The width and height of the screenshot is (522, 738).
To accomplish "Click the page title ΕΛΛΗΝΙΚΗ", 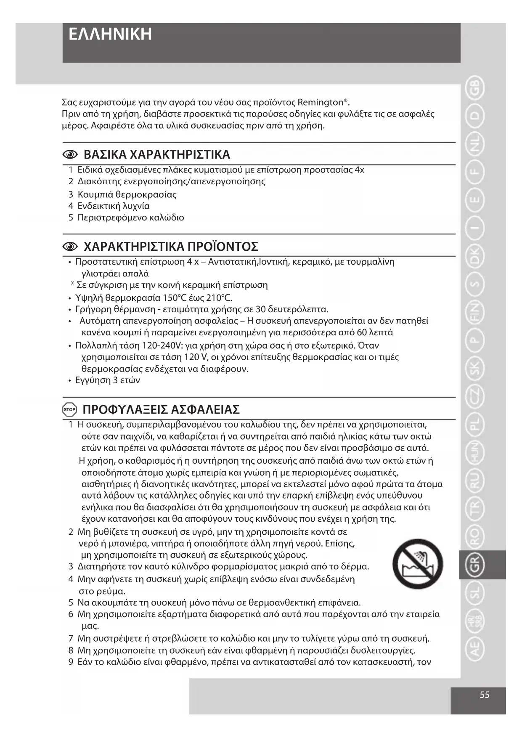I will [110, 35].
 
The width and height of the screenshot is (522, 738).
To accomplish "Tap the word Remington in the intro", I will [321, 102].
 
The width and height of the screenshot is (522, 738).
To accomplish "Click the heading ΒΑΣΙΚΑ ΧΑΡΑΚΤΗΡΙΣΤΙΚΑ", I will [157, 154].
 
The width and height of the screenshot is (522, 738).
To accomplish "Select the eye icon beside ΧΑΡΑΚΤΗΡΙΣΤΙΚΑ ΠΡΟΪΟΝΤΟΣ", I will [70, 246].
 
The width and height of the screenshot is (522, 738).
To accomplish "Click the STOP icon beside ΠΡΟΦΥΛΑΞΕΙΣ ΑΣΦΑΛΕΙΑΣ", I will [69, 409].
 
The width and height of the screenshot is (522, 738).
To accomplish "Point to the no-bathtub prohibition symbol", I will [417, 564].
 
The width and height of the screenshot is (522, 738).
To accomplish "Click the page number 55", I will [485, 695].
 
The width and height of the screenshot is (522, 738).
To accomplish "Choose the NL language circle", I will [474, 145].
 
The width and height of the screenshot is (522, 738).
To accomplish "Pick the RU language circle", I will [474, 481].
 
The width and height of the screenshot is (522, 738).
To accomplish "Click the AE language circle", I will [474, 649].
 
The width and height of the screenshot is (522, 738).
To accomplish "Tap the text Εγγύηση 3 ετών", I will [108, 380].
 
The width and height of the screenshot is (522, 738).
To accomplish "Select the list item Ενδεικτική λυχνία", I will [114, 206].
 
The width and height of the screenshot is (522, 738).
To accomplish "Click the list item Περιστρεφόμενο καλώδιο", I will [131, 218].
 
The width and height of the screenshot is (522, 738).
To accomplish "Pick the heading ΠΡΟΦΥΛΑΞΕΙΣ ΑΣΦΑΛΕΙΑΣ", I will [161, 409].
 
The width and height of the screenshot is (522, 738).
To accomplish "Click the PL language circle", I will [474, 425].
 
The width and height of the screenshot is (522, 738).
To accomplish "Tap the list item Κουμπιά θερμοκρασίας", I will [127, 194].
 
